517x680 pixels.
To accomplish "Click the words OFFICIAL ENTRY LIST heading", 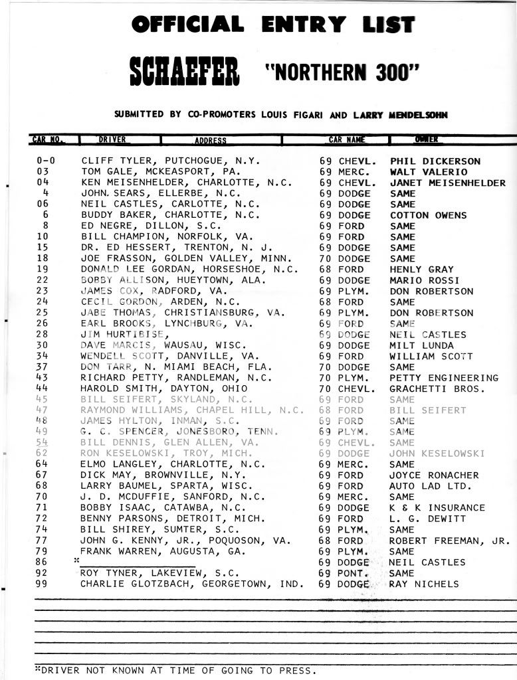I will (273, 25).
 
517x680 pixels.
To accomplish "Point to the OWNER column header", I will (426, 139).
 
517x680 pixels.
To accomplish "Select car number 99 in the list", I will (43, 584).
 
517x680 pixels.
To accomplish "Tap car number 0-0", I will (45, 161).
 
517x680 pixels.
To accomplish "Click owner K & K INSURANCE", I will (437, 507).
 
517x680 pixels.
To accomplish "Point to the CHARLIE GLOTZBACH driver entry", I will (192, 584).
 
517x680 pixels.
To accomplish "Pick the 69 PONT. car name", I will (344, 573).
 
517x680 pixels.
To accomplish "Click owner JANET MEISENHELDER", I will (447, 183).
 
